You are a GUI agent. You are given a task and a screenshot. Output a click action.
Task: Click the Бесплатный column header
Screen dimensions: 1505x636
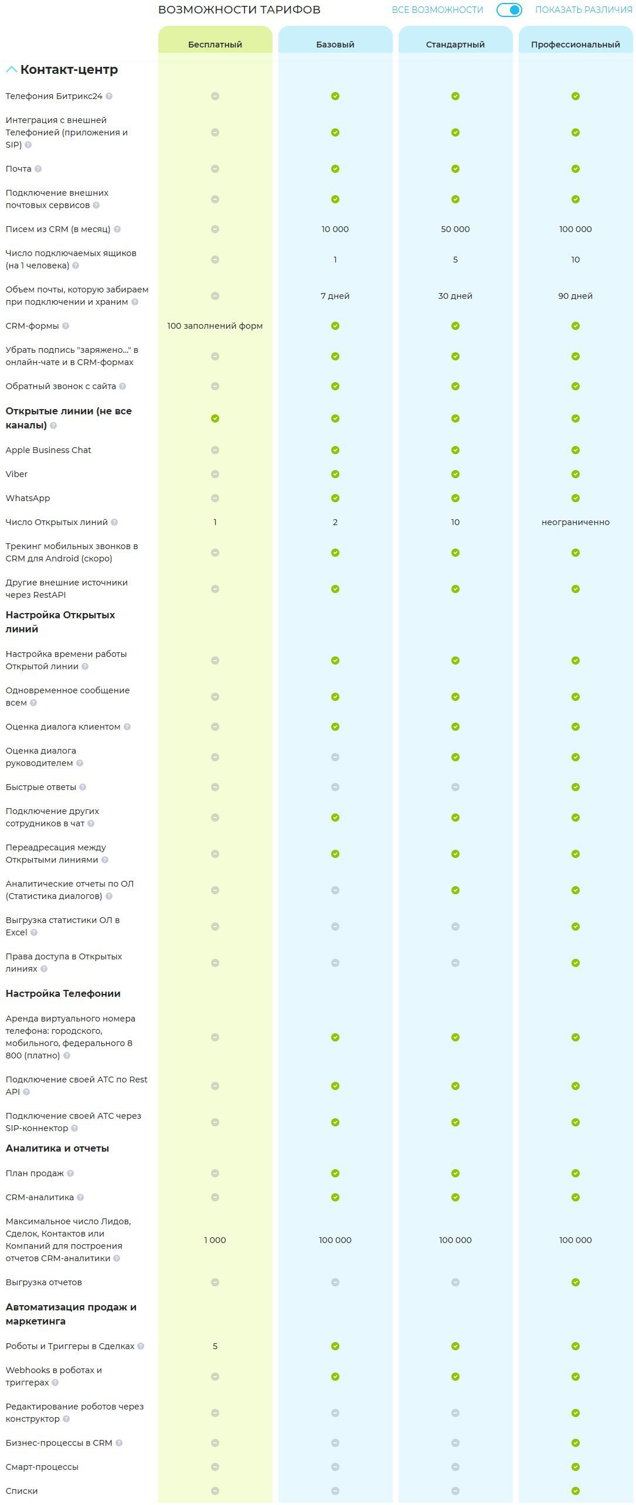click(x=215, y=45)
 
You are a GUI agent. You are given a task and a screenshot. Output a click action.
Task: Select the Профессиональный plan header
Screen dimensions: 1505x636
click(x=575, y=45)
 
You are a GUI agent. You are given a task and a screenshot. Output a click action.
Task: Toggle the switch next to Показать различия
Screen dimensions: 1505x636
click(x=509, y=10)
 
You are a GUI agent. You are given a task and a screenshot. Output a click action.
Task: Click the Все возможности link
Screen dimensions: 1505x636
click(x=437, y=10)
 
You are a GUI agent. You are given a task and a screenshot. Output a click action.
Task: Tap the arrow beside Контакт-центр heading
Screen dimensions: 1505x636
click(x=11, y=70)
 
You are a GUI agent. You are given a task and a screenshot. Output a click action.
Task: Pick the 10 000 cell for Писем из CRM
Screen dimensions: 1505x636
click(x=335, y=229)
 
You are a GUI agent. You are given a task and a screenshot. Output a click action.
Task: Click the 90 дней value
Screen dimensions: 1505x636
click(x=575, y=296)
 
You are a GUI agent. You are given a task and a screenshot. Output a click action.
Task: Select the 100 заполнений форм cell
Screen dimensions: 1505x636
click(x=215, y=326)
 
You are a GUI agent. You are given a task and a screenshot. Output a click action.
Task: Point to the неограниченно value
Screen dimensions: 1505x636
click(x=575, y=522)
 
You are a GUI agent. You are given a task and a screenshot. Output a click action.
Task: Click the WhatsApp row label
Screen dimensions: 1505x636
click(x=28, y=498)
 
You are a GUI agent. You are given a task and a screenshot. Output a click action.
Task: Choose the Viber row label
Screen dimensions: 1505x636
click(x=16, y=474)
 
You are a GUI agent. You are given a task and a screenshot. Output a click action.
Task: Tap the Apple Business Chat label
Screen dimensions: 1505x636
click(x=48, y=450)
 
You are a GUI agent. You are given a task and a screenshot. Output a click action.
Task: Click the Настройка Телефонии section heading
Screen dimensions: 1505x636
click(x=63, y=993)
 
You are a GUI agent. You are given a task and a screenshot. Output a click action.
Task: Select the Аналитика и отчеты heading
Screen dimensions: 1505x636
click(x=57, y=1149)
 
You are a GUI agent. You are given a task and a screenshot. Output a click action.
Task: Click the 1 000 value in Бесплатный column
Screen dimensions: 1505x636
click(x=215, y=1240)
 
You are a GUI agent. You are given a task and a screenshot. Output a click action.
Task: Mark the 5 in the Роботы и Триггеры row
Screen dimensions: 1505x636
click(x=215, y=1346)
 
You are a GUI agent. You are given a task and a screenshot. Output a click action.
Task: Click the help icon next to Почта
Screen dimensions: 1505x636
click(x=38, y=169)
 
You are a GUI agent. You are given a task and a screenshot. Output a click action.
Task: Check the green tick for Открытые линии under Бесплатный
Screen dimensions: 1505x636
click(x=215, y=418)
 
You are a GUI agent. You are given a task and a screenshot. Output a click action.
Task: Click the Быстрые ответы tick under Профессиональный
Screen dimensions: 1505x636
click(x=576, y=787)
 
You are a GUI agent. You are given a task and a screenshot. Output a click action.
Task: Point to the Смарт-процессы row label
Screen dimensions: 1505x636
click(x=42, y=1467)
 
